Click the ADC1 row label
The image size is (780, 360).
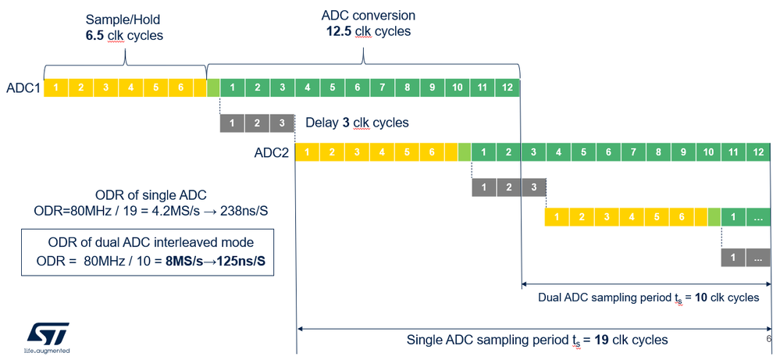pos(23,87)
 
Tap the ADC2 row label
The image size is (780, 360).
pos(272,152)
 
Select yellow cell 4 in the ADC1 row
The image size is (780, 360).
pos(130,87)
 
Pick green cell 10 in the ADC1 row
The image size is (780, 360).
pos(458,87)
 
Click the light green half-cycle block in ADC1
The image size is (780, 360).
pos(213,87)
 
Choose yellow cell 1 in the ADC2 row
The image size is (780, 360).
pos(307,152)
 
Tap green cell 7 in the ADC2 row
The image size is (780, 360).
pos(633,152)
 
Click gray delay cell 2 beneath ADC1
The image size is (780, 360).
pos(258,123)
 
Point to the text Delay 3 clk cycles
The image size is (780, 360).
pos(357,123)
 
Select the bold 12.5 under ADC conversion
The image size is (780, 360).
pos(340,31)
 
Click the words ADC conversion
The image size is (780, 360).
pos(369,16)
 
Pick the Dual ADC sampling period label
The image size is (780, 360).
pos(648,298)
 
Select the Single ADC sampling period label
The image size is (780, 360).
pos(537,340)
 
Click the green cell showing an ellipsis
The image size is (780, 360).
pos(758,217)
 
